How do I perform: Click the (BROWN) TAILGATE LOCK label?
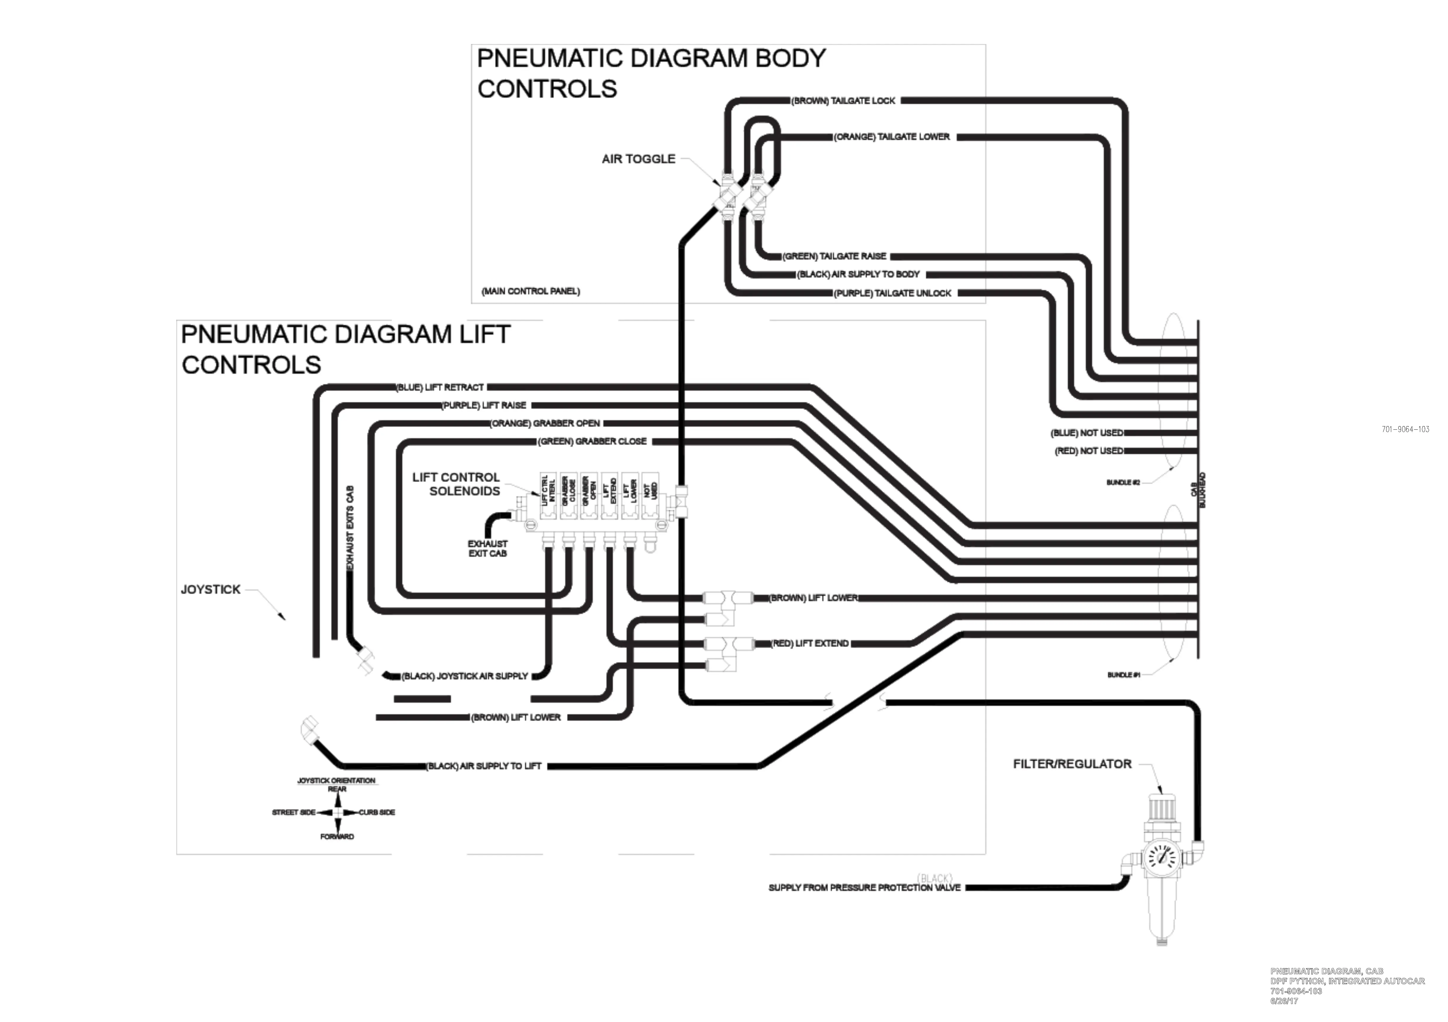tap(843, 101)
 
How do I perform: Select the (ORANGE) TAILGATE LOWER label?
tap(892, 137)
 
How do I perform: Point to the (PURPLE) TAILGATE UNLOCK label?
tap(892, 293)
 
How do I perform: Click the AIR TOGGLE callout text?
tap(638, 159)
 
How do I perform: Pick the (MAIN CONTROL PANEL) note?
tap(530, 291)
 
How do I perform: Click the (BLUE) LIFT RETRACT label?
tap(439, 387)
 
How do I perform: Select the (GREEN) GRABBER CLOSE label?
tap(592, 441)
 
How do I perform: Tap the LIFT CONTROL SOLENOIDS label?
tap(457, 484)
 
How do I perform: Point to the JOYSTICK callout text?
tap(211, 589)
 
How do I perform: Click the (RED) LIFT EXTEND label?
tap(810, 644)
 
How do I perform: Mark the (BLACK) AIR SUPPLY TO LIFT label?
tap(484, 766)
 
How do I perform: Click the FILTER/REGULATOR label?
tap(1072, 764)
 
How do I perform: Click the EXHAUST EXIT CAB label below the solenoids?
tap(487, 549)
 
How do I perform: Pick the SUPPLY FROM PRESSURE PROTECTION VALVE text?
tap(864, 888)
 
